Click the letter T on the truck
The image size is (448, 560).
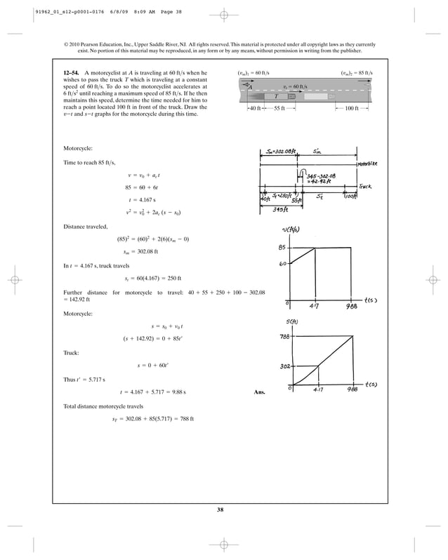coord(276,96)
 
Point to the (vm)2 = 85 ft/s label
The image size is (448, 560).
coord(356,73)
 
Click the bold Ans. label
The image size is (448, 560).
coord(258,392)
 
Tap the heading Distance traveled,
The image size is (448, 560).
coord(85,227)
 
